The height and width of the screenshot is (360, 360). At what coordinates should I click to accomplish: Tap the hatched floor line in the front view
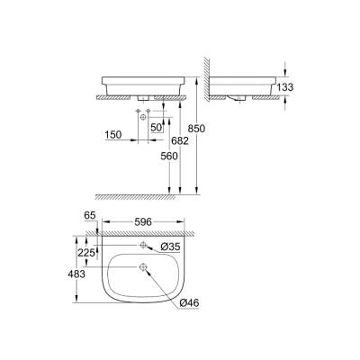click(x=144, y=193)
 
